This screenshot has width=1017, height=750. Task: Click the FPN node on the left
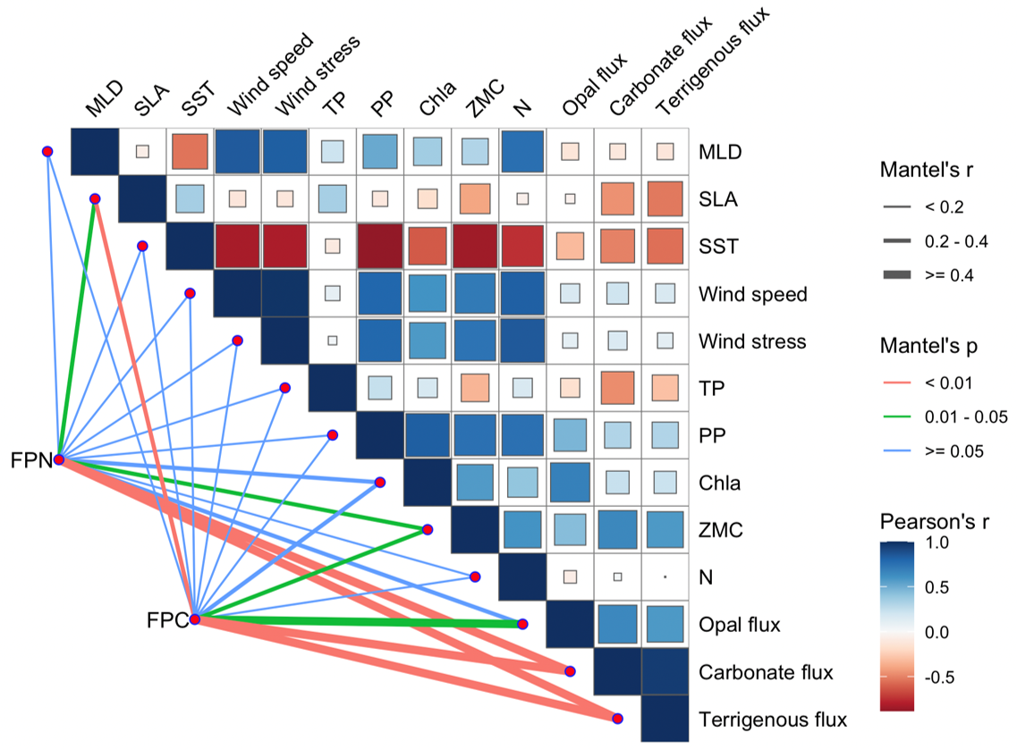click(x=58, y=459)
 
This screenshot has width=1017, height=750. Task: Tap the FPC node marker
click(x=194, y=619)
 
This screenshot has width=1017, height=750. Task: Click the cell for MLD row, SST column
click(x=190, y=151)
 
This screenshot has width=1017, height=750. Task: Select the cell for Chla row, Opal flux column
click(x=570, y=483)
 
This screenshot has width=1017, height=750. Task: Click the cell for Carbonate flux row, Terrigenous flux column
click(x=665, y=672)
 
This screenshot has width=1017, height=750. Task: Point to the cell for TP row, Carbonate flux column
click(x=618, y=388)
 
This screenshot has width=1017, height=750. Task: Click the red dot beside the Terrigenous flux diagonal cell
click(x=617, y=719)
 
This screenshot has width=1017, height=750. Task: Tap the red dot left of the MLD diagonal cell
click(x=47, y=152)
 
